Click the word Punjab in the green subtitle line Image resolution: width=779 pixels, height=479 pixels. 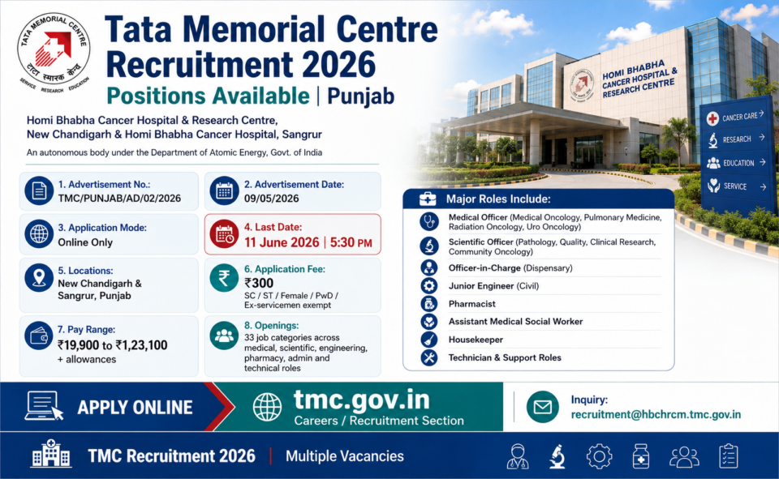click(x=360, y=96)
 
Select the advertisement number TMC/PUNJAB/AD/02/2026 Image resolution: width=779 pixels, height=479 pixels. click(x=119, y=199)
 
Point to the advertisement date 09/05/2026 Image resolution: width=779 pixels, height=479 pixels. click(x=271, y=199)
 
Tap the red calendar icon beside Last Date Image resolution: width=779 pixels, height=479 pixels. click(x=224, y=233)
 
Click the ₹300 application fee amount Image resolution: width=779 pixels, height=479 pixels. click(x=259, y=283)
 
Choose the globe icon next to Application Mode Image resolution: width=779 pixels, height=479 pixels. click(x=39, y=233)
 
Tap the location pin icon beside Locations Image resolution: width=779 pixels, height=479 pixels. click(x=39, y=277)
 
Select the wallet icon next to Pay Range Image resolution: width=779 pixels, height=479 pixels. click(x=39, y=336)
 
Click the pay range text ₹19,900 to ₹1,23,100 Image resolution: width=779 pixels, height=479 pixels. click(x=112, y=345)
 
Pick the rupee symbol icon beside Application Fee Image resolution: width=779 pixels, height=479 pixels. click(x=224, y=277)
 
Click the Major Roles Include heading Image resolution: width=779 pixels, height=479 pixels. click(x=498, y=199)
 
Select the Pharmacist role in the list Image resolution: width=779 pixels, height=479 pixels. click(x=472, y=304)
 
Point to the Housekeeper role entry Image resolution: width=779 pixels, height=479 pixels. click(x=476, y=340)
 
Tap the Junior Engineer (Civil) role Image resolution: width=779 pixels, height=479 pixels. click(x=493, y=286)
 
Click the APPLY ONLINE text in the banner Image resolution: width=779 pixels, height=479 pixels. click(x=135, y=408)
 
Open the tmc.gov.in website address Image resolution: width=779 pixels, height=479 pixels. click(x=362, y=400)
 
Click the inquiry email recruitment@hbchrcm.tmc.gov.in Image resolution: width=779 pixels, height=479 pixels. click(x=656, y=414)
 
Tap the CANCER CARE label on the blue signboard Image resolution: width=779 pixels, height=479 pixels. click(x=740, y=118)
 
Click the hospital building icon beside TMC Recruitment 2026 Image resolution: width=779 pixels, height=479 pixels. click(x=50, y=453)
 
